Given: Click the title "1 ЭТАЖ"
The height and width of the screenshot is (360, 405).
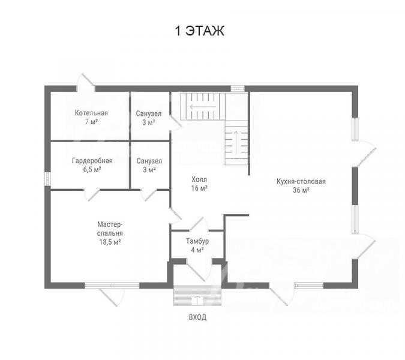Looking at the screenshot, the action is [200, 31].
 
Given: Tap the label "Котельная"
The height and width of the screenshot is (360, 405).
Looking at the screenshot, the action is [91, 113].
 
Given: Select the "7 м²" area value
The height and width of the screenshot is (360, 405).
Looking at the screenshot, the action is [91, 122].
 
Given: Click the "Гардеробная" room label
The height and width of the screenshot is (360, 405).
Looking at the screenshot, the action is [92, 161].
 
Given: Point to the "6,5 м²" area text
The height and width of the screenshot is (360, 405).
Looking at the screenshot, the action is [92, 170].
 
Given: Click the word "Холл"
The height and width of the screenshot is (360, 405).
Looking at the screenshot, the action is [199, 179].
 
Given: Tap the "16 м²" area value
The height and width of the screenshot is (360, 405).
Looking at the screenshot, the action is [199, 188].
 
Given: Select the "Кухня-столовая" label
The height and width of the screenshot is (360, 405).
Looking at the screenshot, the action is [301, 181].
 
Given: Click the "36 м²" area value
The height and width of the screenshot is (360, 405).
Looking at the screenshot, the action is [301, 190].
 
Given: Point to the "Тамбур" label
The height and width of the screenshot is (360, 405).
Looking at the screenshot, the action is [197, 241].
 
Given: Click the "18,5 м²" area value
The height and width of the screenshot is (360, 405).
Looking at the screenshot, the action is [110, 242].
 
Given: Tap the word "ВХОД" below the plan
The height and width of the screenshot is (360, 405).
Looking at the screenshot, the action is [197, 317].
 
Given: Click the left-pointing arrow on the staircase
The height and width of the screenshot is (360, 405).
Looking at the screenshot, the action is [203, 107].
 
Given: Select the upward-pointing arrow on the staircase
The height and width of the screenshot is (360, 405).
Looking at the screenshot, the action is [236, 142].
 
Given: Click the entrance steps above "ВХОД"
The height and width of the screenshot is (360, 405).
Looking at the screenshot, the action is [197, 296].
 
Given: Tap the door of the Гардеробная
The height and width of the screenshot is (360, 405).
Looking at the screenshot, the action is [92, 195].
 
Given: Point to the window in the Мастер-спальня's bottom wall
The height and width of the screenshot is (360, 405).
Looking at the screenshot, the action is [112, 286].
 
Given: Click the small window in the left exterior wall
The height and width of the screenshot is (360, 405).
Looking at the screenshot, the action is [47, 179].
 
